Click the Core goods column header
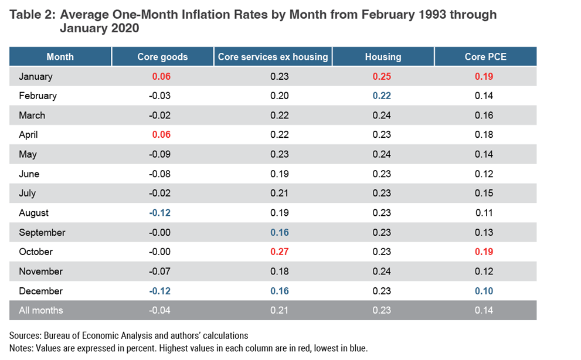[162, 57]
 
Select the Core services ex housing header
[273, 57]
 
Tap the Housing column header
[383, 57]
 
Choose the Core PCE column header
[484, 57]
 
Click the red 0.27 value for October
[280, 252]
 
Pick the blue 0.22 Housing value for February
[383, 96]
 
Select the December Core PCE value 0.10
[484, 291]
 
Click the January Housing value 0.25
[383, 76]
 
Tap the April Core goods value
[161, 135]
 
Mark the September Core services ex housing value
[280, 233]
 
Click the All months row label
[40, 310]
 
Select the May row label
[28, 154]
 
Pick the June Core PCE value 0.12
[484, 174]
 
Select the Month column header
[60, 57]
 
